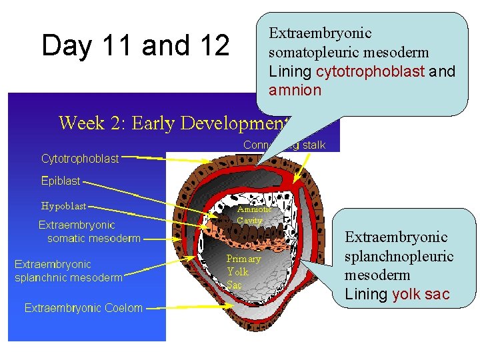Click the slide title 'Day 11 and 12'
click(x=135, y=46)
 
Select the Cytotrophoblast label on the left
click(x=80, y=159)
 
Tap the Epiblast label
click(x=60, y=181)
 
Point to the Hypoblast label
click(x=64, y=206)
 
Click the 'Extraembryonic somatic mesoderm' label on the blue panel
click(x=89, y=231)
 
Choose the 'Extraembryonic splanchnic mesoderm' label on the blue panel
click(x=69, y=271)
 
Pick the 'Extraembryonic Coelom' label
click(x=83, y=307)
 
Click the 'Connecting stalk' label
click(x=285, y=145)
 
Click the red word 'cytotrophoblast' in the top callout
click(x=370, y=71)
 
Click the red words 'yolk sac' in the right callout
click(x=421, y=294)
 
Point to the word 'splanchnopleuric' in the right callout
click(x=399, y=256)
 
